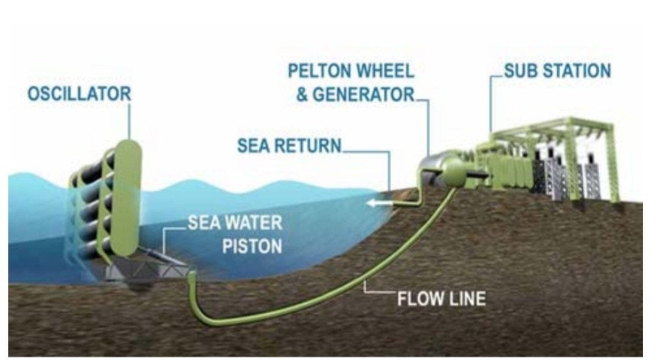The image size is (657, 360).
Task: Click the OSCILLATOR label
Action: tap(79, 94)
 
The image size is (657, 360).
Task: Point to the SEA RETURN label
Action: tap(289, 146)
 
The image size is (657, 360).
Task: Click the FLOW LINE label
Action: tap(441, 299)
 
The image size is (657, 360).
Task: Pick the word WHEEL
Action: tap(386, 71)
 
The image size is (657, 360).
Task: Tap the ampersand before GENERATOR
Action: tap(302, 94)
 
